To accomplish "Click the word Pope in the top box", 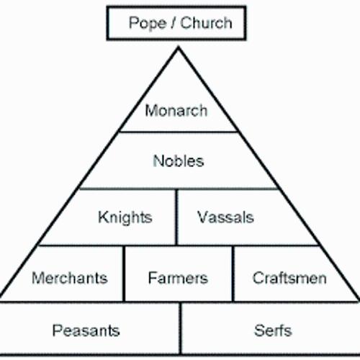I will click(x=147, y=22).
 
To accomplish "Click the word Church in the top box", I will click(x=207, y=22).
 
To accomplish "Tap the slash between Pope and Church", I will click(x=173, y=22).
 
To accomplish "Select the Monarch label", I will click(x=176, y=111).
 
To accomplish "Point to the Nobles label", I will click(x=179, y=161).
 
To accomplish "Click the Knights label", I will click(x=125, y=217).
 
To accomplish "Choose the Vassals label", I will click(x=225, y=217).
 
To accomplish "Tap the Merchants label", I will click(x=70, y=277).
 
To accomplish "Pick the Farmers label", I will click(x=178, y=277).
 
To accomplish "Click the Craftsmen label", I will click(x=289, y=277).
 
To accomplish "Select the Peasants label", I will click(x=86, y=330).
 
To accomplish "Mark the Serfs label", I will click(x=273, y=330).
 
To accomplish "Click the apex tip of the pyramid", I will click(x=177, y=47).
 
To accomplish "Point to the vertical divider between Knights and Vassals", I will click(x=177, y=217).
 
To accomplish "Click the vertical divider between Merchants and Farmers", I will click(x=125, y=274).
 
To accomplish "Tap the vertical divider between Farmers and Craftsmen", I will click(x=233, y=274).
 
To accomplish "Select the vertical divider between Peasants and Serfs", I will click(x=180, y=329).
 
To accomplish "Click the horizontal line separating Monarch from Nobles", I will click(x=178, y=132).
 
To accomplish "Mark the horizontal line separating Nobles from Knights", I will click(x=178, y=189).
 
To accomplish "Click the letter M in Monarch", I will click(x=150, y=111).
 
